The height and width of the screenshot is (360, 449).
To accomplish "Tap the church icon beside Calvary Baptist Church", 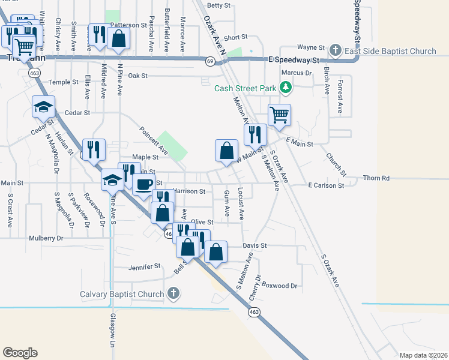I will pos(173,294).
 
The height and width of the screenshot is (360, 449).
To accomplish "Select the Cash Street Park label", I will pos(246,89).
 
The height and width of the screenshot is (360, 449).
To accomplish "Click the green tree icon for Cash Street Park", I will pos(286,89).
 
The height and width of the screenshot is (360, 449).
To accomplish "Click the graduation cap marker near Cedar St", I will pos(43,107).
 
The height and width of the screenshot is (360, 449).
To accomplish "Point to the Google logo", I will pos(20,353).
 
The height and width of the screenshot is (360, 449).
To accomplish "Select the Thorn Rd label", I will pos(377,178).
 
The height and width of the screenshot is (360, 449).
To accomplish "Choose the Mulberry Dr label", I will pos(46,238).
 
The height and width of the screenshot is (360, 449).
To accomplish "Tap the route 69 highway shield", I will pos(210,61).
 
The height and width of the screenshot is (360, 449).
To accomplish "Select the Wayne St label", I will pos(311,47).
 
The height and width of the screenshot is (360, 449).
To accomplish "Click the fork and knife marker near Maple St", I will pos(94,149).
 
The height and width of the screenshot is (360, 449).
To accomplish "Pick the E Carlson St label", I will pos(326,186).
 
